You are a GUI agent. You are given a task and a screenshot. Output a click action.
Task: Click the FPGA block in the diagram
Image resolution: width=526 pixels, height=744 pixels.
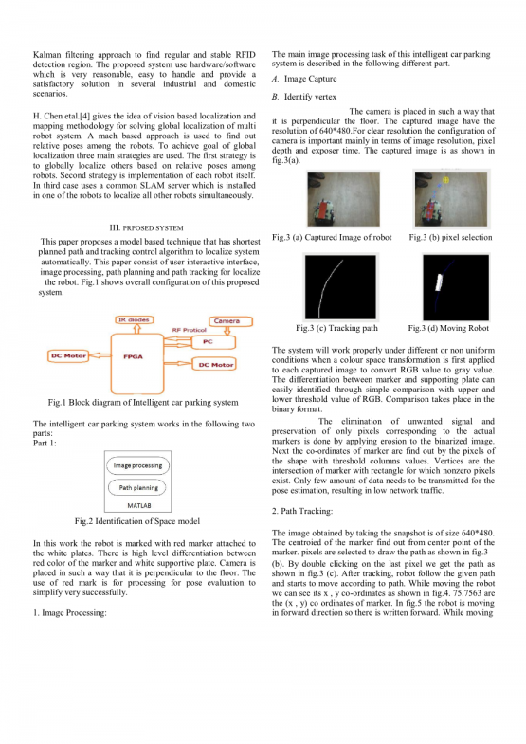[x=137, y=363]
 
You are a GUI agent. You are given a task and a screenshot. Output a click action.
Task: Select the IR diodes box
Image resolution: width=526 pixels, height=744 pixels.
[x=135, y=319]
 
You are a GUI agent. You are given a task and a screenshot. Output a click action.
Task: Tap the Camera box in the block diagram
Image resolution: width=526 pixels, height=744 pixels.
[x=230, y=321]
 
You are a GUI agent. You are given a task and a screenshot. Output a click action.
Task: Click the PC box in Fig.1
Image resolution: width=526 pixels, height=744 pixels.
[x=213, y=341]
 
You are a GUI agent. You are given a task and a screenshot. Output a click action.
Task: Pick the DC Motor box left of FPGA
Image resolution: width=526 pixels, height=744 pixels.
[x=68, y=355]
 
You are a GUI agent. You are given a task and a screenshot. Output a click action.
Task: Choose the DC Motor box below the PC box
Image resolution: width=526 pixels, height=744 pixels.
[x=214, y=364]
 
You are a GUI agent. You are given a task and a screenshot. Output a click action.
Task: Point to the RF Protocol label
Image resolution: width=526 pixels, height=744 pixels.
[x=189, y=330]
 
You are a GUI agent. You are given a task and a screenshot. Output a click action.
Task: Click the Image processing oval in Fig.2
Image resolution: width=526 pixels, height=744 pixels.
[x=138, y=466]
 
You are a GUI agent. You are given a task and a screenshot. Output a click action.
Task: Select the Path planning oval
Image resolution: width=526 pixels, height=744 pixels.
[x=138, y=488]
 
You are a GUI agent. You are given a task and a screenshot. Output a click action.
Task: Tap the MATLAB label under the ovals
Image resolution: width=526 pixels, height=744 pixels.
[x=138, y=506]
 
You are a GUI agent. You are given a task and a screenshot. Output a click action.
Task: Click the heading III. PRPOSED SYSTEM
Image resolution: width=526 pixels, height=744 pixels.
[x=146, y=227]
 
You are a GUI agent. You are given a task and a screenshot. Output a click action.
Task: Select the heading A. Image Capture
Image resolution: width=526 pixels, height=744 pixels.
[x=304, y=79]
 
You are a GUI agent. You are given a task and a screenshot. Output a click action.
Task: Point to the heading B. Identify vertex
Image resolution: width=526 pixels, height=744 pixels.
[x=304, y=97]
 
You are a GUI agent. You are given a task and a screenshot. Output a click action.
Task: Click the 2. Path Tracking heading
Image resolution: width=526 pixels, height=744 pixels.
[x=302, y=511]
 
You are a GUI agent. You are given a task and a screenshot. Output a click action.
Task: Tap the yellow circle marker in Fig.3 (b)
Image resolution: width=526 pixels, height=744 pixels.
[x=445, y=180]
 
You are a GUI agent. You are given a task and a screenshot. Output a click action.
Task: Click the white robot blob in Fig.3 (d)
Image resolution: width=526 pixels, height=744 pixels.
[x=439, y=282]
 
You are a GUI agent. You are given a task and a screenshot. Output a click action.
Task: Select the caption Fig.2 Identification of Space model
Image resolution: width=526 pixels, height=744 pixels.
[x=137, y=521]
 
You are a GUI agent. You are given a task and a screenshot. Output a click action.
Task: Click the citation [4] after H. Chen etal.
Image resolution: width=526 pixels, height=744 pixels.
[x=84, y=117]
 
